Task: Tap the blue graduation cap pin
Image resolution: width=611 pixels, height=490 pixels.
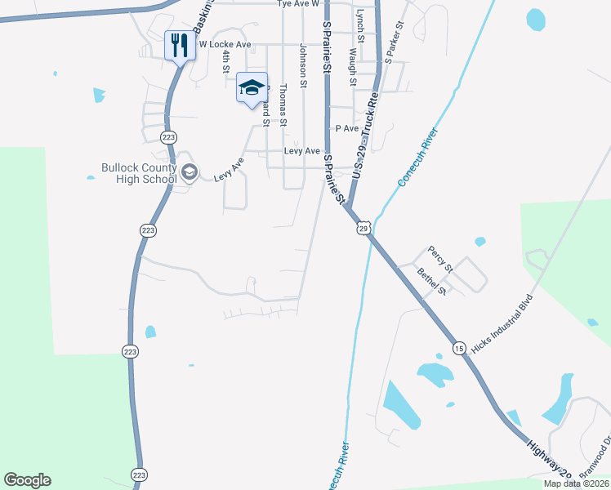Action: [x=252, y=88]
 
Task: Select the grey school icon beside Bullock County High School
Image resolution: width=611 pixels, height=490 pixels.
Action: [x=190, y=171]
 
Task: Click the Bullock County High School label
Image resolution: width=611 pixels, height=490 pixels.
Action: [x=139, y=173]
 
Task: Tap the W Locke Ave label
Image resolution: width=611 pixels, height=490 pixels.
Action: [x=225, y=44]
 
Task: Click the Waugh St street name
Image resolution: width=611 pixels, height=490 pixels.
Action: [x=352, y=66]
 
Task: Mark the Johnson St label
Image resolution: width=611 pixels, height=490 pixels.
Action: [x=303, y=65]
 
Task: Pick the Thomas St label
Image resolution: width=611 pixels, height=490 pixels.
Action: [x=283, y=105]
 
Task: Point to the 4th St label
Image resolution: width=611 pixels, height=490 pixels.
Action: [x=226, y=61]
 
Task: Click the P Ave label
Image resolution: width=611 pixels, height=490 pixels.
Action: [x=347, y=128]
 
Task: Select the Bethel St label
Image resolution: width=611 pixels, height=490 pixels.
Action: [x=432, y=281]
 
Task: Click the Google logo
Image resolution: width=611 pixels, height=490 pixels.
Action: [x=27, y=480]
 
